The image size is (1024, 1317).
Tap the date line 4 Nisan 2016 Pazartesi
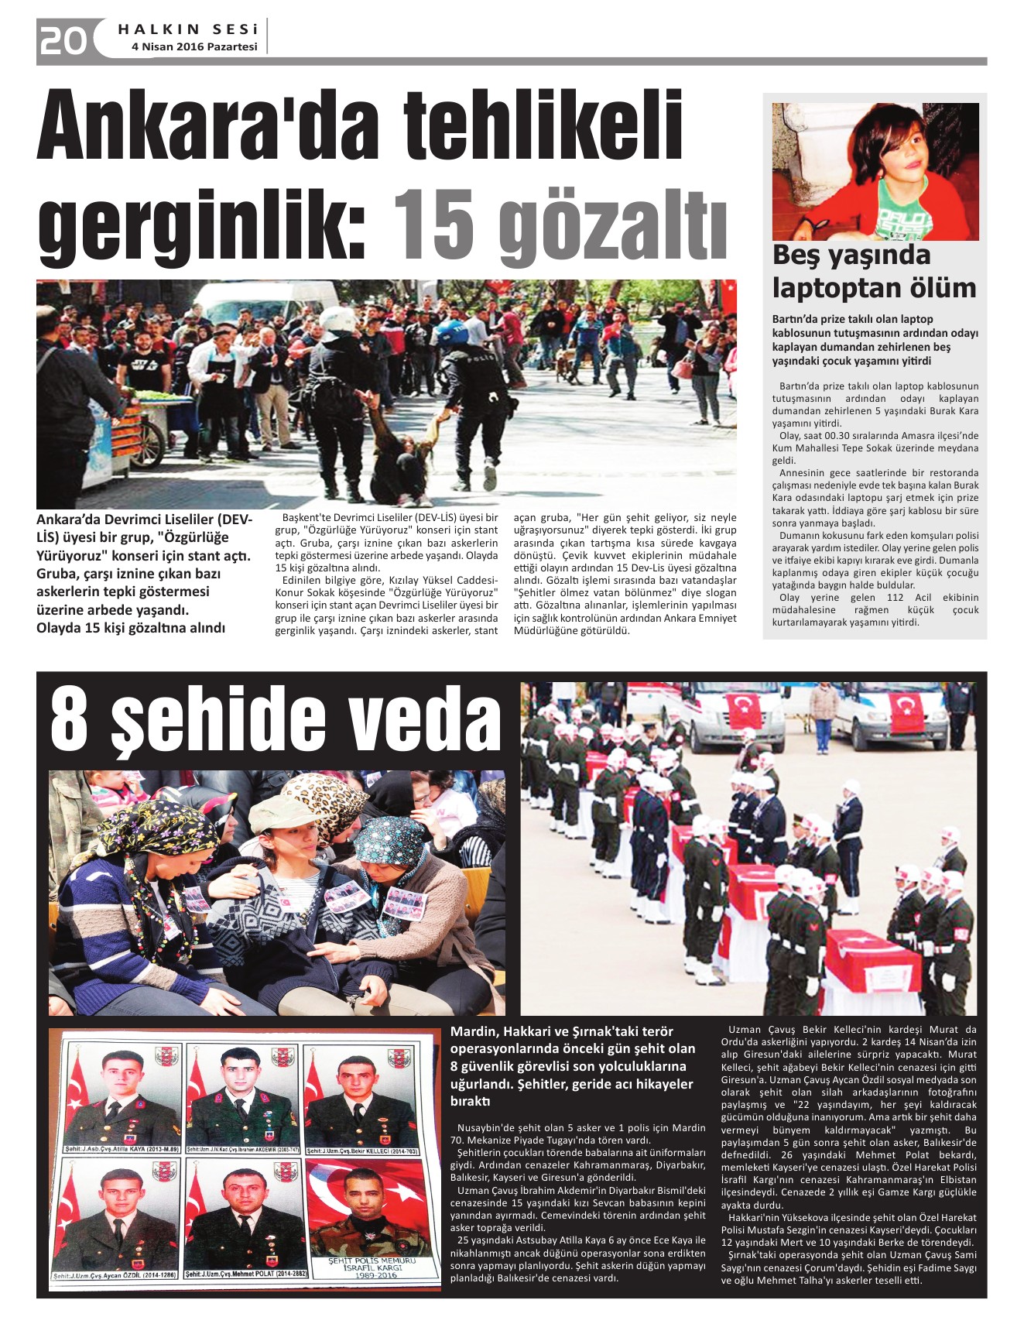194,47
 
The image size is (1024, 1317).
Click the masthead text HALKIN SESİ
188,29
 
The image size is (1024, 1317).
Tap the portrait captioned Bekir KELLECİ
359,1096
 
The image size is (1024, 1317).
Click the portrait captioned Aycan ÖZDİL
116,1219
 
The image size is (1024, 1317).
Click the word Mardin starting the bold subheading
474,1031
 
